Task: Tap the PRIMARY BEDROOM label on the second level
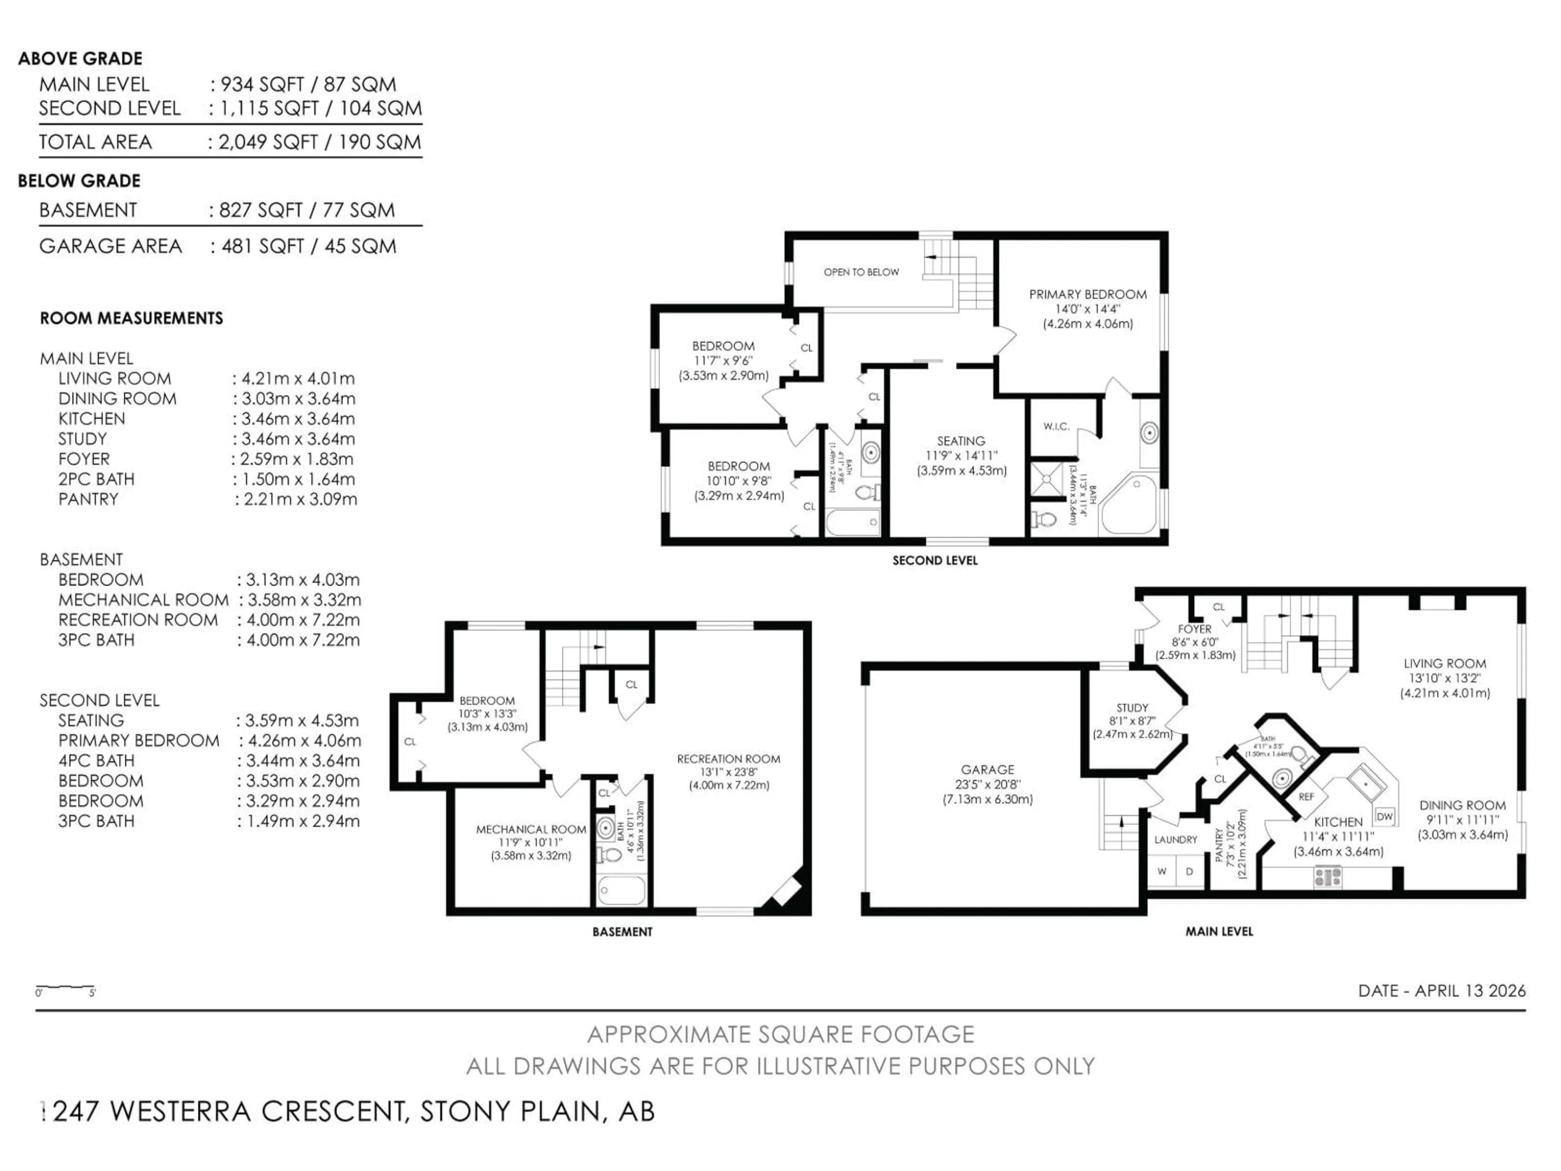[x=1087, y=294]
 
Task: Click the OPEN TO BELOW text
[x=861, y=272]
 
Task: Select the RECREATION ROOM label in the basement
[x=728, y=759]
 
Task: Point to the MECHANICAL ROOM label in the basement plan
[x=530, y=829]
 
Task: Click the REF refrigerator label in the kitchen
[x=1306, y=796]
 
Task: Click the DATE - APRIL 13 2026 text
[x=1442, y=990]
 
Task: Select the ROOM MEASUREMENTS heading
[x=131, y=318]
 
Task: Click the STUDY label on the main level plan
[x=1132, y=707]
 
